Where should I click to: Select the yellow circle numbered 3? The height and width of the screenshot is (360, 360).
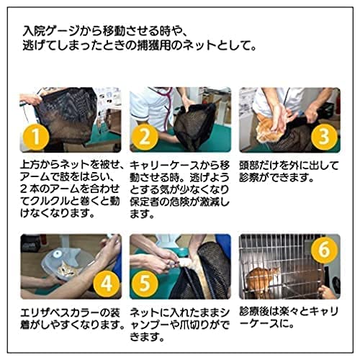click(324, 136)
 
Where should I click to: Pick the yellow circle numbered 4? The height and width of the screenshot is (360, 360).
click(107, 284)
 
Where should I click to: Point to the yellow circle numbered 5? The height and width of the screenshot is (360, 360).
click(145, 284)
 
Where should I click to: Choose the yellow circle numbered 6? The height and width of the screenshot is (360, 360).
click(324, 249)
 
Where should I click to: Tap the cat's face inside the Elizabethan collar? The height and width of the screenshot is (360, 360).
click(66, 270)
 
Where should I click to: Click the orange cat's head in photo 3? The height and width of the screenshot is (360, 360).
click(266, 131)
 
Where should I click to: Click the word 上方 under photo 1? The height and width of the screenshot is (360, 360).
click(30, 165)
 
